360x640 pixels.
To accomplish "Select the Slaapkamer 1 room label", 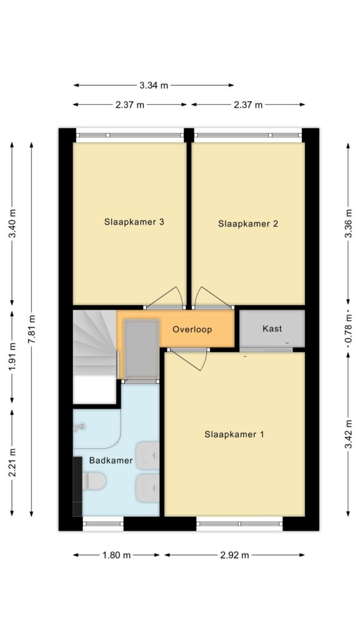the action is [x=234, y=435].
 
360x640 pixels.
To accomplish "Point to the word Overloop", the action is [x=192, y=329].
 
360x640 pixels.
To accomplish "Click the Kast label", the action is [x=272, y=329].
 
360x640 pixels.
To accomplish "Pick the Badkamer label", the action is [x=111, y=461].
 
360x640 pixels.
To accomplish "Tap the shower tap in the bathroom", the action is [x=79, y=427].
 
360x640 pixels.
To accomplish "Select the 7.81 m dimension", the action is [x=32, y=329].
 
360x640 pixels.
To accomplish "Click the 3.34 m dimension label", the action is [x=154, y=85].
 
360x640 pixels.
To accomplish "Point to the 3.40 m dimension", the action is [x=12, y=224].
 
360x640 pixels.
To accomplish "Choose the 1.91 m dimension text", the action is [x=12, y=356].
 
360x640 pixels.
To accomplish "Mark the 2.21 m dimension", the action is [x=12, y=462].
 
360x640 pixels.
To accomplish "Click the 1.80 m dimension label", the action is [x=116, y=555].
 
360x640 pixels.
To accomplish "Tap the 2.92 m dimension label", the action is [x=234, y=555].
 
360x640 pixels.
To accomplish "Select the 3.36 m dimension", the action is [x=348, y=224].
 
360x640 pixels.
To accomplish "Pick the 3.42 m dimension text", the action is [x=348, y=434].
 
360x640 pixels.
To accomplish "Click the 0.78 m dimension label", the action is [x=348, y=329].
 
